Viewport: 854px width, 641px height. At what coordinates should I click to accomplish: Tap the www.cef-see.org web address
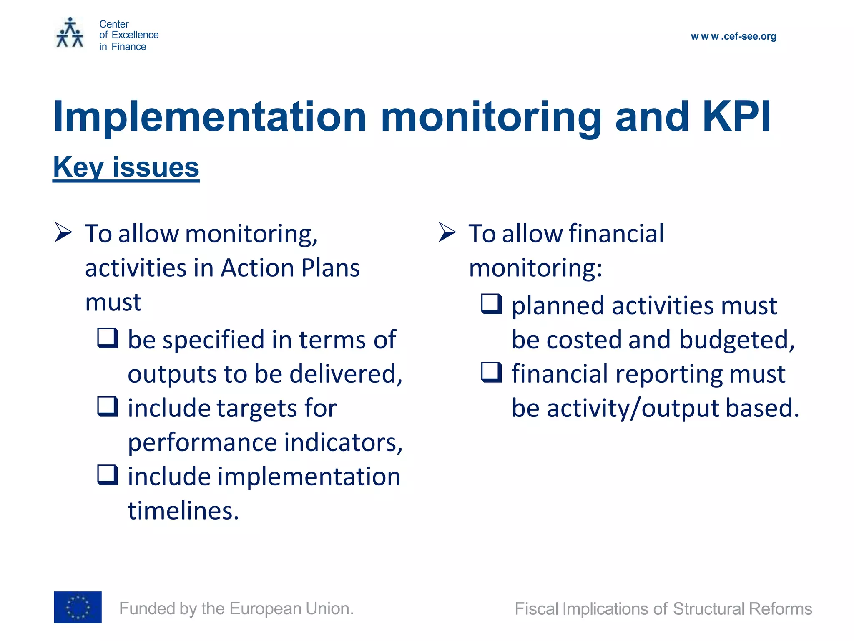coord(733,36)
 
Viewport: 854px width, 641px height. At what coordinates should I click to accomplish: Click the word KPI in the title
coord(736,117)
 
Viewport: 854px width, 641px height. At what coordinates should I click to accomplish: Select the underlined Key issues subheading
coord(126,167)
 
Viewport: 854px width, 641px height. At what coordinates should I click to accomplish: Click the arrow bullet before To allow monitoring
coord(63,232)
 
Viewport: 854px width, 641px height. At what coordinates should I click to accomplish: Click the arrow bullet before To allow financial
coord(447,232)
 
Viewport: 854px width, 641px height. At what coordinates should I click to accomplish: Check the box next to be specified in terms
coord(108,338)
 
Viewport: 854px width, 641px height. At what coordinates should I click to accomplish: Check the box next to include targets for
coord(108,406)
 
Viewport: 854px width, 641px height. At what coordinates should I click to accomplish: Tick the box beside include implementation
coord(108,474)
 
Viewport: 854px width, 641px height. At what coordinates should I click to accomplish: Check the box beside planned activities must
coord(491,304)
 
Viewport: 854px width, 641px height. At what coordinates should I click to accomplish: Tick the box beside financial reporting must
coord(491,372)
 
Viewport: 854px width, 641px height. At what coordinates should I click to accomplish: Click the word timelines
coord(183,510)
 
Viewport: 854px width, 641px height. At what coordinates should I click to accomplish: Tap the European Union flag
coord(78,607)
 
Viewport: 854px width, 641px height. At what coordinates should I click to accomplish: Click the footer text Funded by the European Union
coord(236,608)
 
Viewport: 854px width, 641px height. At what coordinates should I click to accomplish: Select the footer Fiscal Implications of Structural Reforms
coord(663,609)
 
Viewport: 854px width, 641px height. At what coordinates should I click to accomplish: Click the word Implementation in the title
coord(209,117)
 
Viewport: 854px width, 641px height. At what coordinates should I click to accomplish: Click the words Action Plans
coord(290,268)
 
